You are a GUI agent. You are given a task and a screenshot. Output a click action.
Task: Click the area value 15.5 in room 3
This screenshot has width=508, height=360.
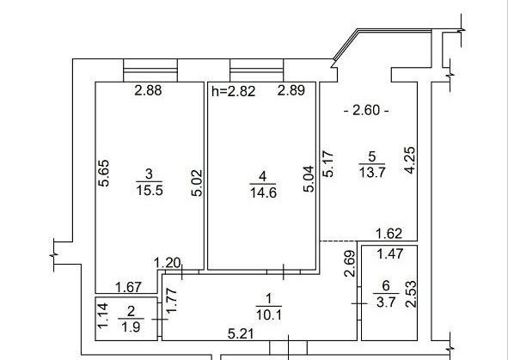tap(150, 190)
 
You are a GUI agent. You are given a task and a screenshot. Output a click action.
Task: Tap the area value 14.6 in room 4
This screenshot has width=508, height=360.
tap(263, 193)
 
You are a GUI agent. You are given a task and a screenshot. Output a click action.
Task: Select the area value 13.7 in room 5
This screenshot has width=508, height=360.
tap(372, 173)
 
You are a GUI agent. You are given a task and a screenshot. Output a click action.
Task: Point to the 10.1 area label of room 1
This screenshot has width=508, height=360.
tap(268, 314)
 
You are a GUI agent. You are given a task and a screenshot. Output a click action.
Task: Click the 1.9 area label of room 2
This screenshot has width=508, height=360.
tap(132, 327)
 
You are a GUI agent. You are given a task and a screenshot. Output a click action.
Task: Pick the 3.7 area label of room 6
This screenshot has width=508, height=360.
tap(386, 302)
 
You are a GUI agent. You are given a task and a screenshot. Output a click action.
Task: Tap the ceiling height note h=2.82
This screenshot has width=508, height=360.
tap(233, 91)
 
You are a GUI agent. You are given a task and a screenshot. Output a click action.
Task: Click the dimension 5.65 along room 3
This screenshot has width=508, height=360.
tap(104, 174)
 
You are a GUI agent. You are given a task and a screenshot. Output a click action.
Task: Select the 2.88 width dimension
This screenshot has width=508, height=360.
tap(148, 90)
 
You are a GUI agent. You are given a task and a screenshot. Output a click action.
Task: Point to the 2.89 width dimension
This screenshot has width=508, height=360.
tap(291, 90)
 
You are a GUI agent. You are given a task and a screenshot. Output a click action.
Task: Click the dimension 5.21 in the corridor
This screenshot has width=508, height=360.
tap(241, 333)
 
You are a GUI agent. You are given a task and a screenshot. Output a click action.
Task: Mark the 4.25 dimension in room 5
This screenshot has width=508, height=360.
tap(410, 161)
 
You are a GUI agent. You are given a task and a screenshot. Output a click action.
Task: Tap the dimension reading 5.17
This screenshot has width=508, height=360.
tap(328, 163)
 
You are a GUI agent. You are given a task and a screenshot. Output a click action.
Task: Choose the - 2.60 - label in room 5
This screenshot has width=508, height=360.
tap(366, 110)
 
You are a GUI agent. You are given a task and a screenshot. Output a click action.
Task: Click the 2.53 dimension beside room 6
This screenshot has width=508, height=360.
tap(411, 294)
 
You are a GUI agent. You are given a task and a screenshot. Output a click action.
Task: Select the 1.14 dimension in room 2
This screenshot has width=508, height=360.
tap(103, 315)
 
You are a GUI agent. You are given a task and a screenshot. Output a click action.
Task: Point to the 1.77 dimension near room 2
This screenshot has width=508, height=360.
tap(171, 301)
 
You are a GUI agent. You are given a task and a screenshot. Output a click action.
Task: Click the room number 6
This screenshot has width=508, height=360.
tap(386, 285)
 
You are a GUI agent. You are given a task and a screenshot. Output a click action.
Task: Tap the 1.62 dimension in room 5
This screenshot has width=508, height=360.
tap(389, 234)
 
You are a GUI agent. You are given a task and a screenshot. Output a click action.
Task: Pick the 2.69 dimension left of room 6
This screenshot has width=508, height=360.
tap(350, 263)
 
